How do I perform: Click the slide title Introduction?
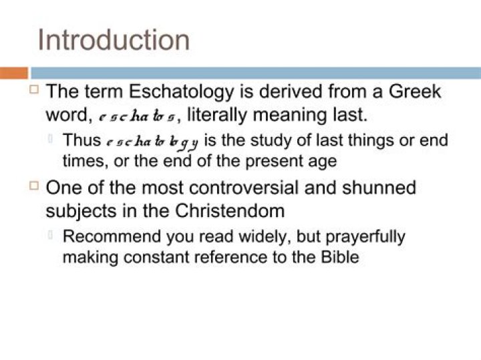pyautogui.click(x=114, y=39)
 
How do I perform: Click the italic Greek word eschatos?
pyautogui.click(x=137, y=116)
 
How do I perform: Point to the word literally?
pyautogui.click(x=220, y=114)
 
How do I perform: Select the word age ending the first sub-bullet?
pyautogui.click(x=323, y=161)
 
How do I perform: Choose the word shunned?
pyautogui.click(x=378, y=187)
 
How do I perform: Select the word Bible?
pyautogui.click(x=341, y=257)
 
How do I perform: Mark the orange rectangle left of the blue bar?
pyautogui.click(x=13, y=73)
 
